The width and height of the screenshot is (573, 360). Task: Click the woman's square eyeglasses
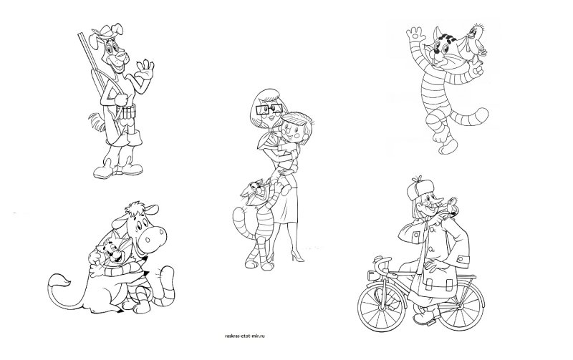269,109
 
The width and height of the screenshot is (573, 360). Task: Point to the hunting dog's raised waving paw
146,69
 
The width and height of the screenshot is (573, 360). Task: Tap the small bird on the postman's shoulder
451,205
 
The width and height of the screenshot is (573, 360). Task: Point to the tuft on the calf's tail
61,282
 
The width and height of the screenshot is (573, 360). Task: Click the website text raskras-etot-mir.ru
244,336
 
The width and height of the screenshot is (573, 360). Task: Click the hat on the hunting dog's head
107,30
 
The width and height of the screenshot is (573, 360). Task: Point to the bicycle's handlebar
381,263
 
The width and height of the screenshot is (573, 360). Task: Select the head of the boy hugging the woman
296,127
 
